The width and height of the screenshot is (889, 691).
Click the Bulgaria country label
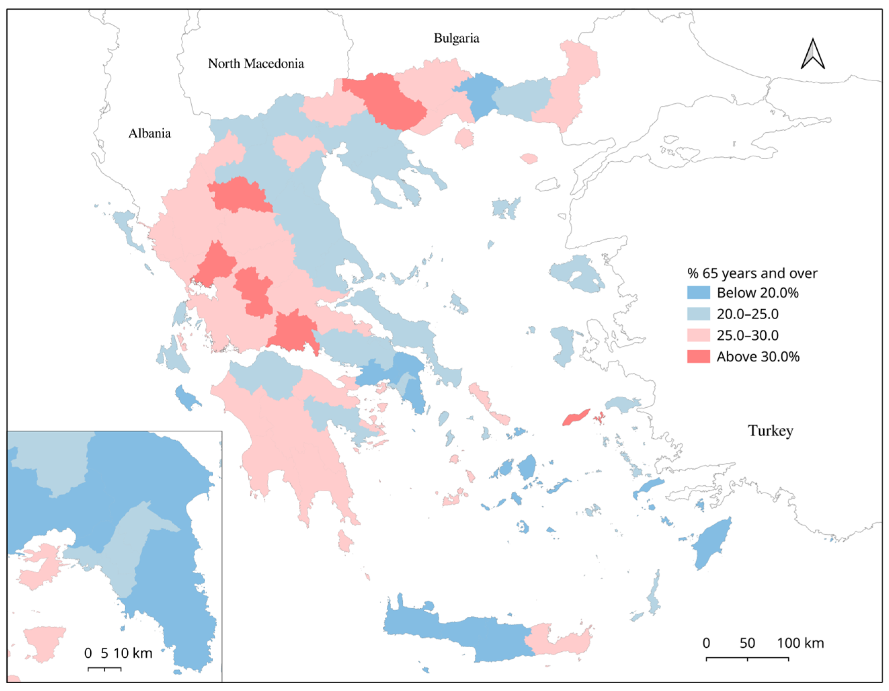pos(456,38)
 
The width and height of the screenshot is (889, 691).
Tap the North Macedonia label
pos(256,64)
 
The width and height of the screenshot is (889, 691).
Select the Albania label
pos(150,133)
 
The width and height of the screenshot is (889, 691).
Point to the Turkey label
pos(770,431)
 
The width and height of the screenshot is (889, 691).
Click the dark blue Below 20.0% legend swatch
pos(698,293)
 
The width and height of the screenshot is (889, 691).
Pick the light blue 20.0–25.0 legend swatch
pos(698,314)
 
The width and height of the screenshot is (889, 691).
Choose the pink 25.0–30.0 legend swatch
pos(698,335)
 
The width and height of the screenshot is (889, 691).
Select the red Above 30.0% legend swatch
pos(698,357)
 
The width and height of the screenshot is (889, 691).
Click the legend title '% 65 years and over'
pos(752,273)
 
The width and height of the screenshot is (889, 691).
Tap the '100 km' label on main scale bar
pos(800,643)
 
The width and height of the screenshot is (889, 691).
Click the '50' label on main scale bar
pos(747,643)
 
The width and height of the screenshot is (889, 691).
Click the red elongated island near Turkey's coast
pos(576,418)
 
